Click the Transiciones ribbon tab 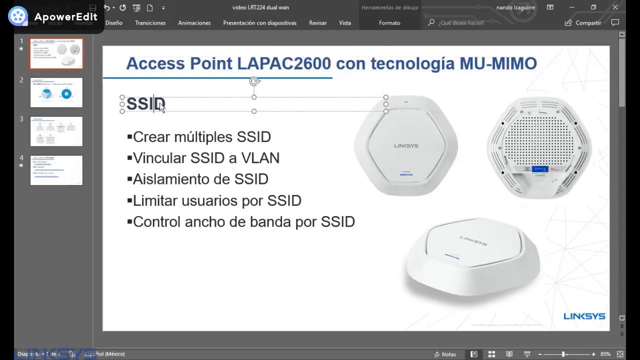150,23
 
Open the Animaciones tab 194,23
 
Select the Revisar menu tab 317,23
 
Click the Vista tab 344,23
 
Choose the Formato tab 389,23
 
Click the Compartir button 583,23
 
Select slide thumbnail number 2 56,92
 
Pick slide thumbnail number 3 56,131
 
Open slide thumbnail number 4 56,170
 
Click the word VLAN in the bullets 260,158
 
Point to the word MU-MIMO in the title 498,63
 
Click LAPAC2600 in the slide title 284,63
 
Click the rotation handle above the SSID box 254,81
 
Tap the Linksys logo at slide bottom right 584,316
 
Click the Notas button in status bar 445,354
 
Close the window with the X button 615,7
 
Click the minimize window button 572,7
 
